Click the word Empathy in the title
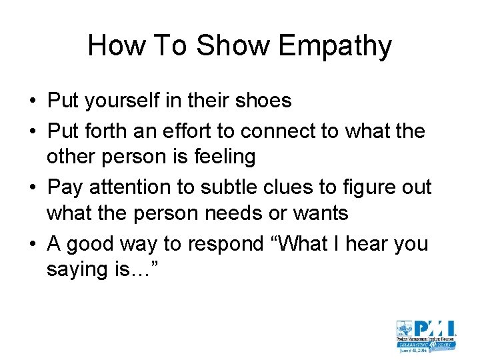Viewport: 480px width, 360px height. point(335,46)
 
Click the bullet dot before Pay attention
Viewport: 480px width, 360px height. point(33,188)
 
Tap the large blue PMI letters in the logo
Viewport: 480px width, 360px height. point(433,329)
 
